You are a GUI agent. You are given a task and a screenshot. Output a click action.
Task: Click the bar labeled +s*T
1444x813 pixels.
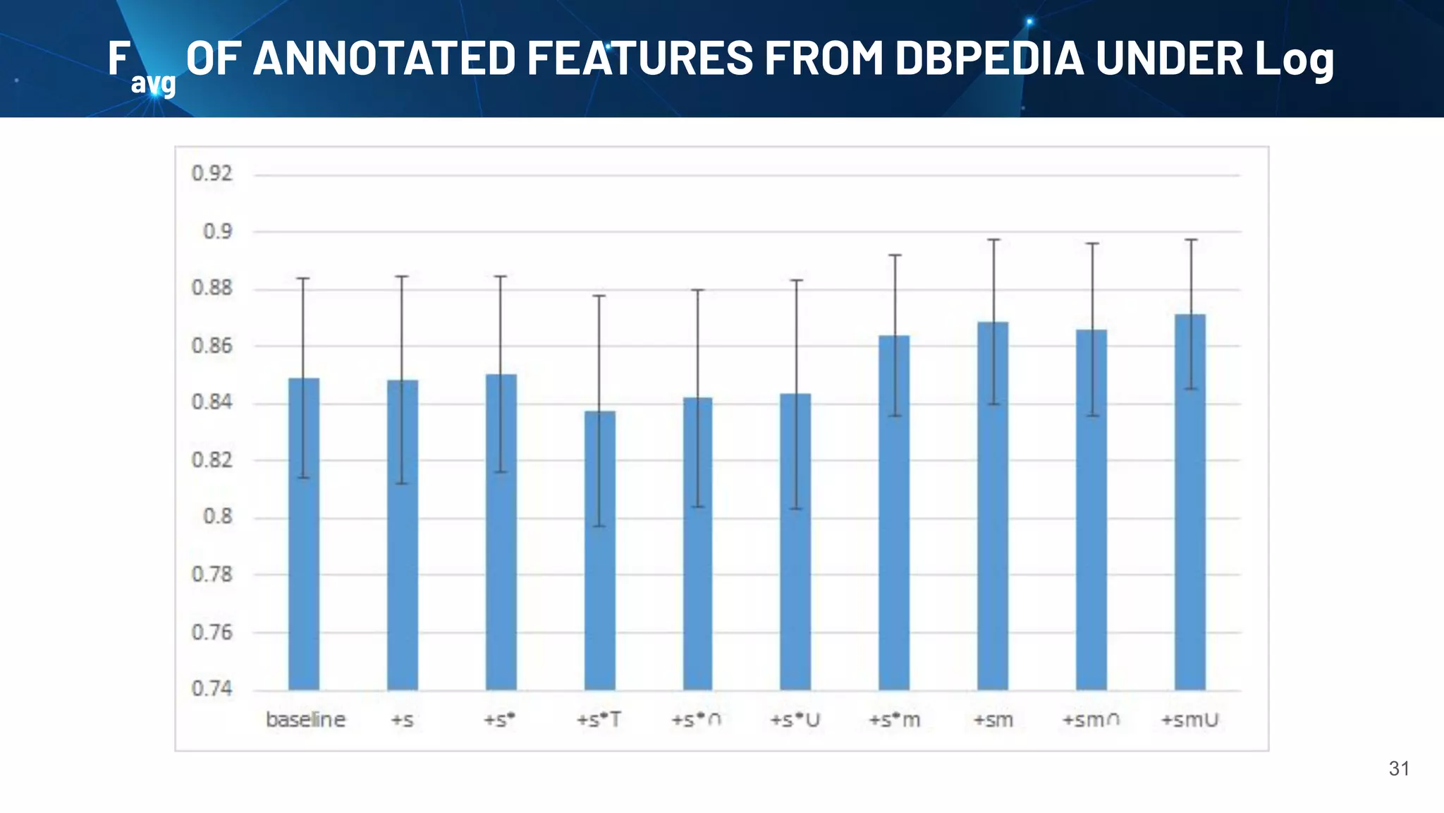coord(599,550)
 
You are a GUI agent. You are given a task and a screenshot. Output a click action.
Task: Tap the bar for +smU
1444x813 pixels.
coord(1190,502)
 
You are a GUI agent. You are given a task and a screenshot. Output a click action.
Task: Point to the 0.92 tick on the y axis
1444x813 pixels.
coord(212,174)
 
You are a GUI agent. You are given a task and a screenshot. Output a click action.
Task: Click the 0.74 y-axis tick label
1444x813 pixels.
coord(212,689)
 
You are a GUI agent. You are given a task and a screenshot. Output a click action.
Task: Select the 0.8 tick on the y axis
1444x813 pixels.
coord(217,517)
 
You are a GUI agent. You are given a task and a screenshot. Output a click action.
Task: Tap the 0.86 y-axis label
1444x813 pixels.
coord(212,346)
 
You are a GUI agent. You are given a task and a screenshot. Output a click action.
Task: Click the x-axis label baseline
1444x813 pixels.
coord(305,720)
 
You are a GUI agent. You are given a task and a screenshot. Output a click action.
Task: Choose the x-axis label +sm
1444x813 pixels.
coord(993,721)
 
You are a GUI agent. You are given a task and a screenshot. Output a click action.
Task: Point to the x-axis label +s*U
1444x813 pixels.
coord(795,721)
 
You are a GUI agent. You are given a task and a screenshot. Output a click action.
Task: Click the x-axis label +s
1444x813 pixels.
coord(402,721)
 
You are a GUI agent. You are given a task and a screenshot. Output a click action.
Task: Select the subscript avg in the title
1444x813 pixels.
coord(153,83)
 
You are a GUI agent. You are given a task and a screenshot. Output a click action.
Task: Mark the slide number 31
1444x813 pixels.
coord(1399,769)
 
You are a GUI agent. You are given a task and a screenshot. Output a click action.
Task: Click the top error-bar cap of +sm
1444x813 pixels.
coord(993,240)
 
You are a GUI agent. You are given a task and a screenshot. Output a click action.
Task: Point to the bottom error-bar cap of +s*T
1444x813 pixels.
coord(599,526)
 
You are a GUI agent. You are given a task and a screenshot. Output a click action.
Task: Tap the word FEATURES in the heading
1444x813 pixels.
coord(640,58)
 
